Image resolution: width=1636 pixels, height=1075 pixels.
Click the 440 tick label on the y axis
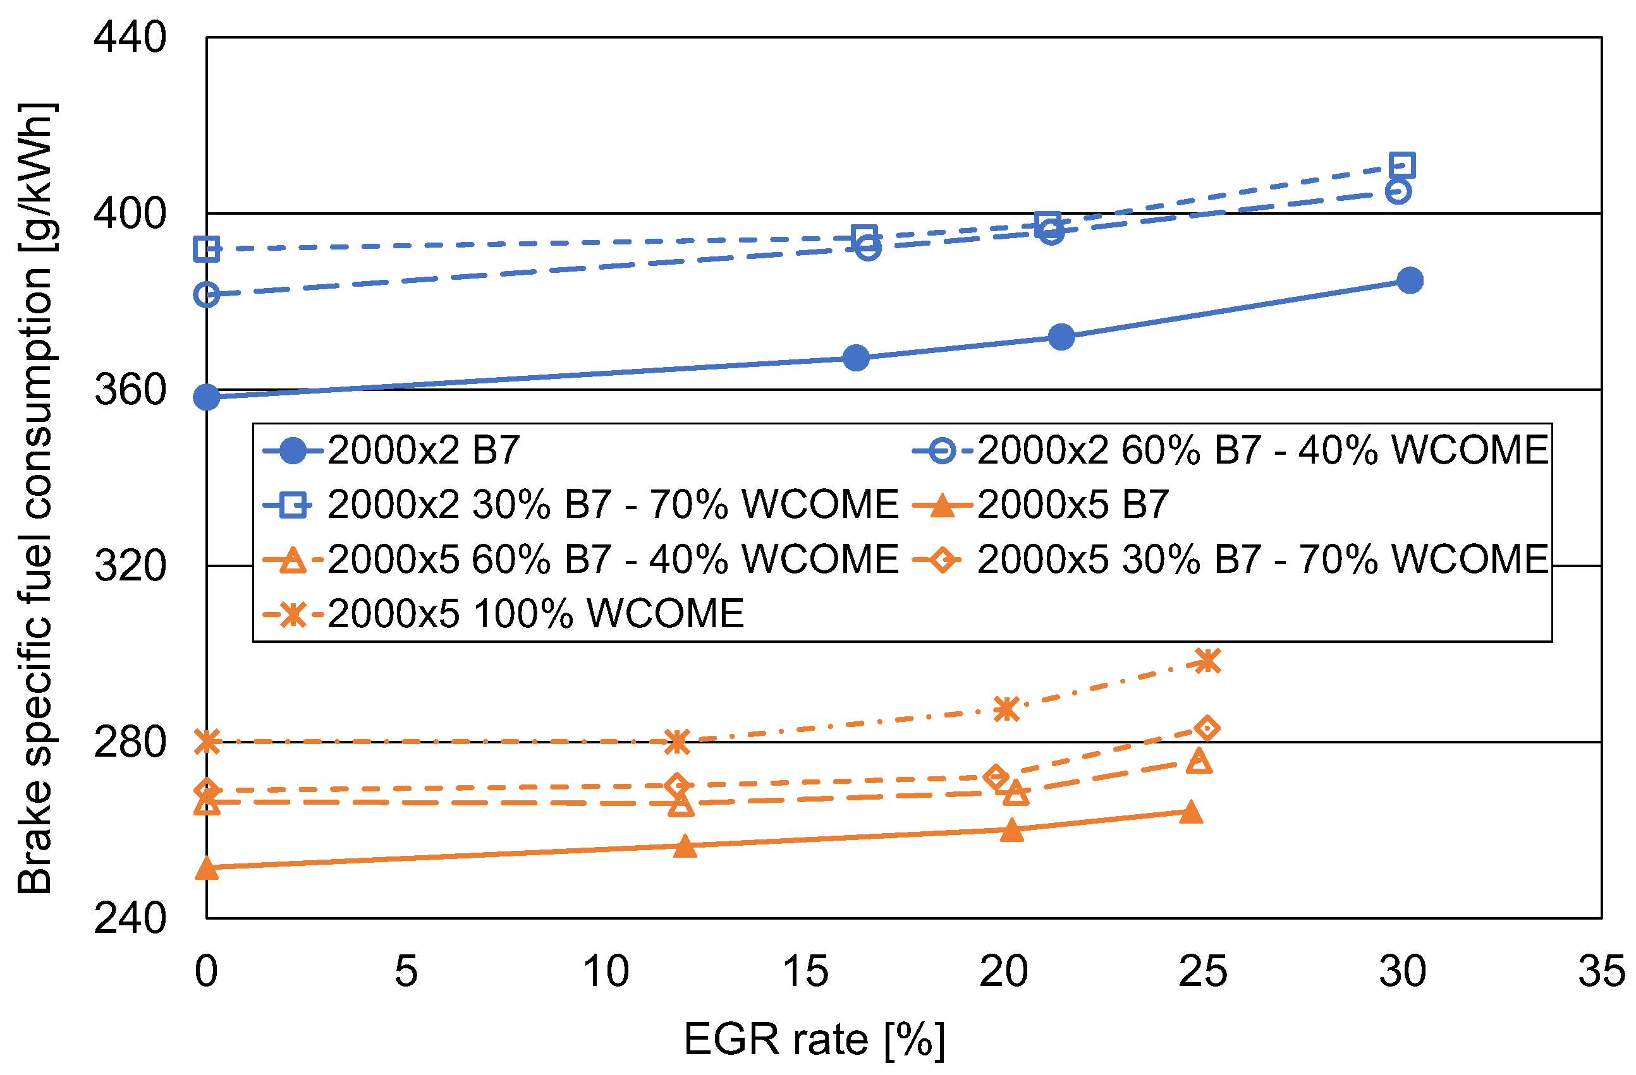(129, 38)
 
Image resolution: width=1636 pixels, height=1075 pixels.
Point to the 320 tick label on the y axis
(129, 567)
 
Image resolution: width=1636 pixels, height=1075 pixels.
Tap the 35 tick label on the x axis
(1602, 972)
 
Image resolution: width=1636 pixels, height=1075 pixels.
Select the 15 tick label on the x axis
(805, 972)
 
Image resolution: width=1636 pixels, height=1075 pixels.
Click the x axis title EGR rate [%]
(815, 1039)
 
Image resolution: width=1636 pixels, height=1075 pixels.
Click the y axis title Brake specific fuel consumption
(36, 498)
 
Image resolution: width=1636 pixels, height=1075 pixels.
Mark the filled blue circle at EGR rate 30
(1410, 280)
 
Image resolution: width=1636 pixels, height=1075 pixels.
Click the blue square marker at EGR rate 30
(1401, 165)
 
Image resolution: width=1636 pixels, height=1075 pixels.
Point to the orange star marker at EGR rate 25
(1208, 661)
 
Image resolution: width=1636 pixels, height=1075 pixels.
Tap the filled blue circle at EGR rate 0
(207, 397)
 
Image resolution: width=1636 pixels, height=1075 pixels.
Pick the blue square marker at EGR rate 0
(207, 249)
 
